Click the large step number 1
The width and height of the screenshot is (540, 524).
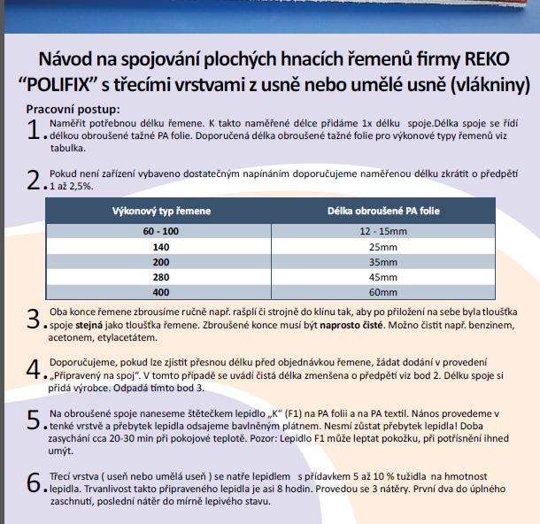point(34,129)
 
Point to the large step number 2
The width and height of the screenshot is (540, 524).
point(34,181)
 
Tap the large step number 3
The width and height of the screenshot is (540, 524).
point(34,319)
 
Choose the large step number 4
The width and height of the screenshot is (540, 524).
point(34,368)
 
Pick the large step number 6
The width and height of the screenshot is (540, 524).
point(34,482)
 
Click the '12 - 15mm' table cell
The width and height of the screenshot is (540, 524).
point(382,230)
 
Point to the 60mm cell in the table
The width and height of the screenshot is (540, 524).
point(382,291)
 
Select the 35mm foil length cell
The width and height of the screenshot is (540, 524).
point(382,261)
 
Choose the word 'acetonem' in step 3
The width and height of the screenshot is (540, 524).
point(72,341)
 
